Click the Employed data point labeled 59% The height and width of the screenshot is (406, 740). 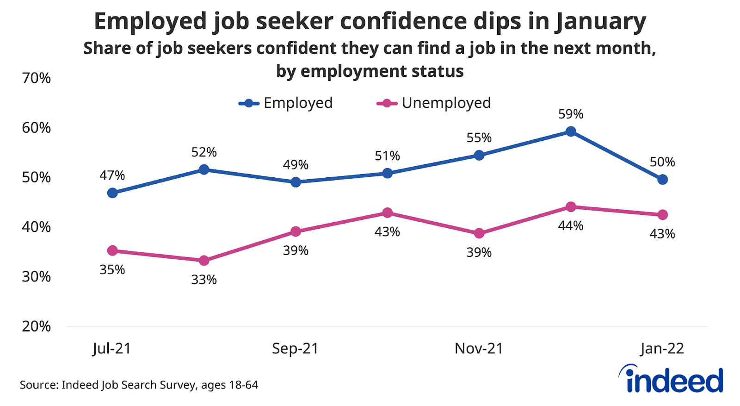(x=571, y=131)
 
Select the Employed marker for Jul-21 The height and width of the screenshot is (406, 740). (x=112, y=193)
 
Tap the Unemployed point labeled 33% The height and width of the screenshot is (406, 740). (x=204, y=261)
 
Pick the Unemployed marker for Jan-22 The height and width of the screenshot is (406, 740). (x=662, y=215)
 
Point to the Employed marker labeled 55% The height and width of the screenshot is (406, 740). (x=479, y=155)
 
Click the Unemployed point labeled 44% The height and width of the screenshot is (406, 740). (x=571, y=206)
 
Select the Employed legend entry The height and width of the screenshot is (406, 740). (x=286, y=103)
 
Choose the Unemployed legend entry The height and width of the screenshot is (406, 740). (x=434, y=103)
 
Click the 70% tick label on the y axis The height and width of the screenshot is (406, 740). (x=36, y=78)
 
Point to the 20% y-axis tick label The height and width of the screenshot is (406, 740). (x=36, y=326)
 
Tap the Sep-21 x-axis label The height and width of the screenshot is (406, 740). (x=295, y=349)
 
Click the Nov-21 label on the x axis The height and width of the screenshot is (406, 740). (x=479, y=349)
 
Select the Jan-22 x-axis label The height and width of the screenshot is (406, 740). (x=662, y=349)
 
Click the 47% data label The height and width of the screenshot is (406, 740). (x=112, y=175)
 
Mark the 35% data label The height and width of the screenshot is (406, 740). (x=112, y=270)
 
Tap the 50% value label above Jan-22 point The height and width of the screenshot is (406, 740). (x=662, y=162)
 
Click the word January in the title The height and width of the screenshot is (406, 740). (x=601, y=22)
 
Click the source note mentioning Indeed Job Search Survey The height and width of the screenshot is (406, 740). (x=139, y=385)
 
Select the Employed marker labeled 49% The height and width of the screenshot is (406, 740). (x=296, y=182)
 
